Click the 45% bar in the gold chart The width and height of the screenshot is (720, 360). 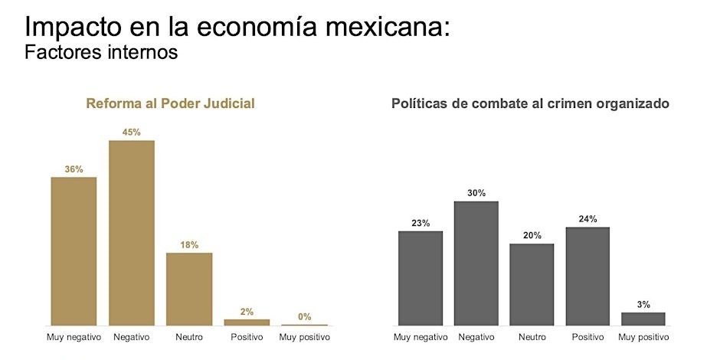tap(131, 233)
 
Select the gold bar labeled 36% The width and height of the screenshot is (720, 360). tap(74, 251)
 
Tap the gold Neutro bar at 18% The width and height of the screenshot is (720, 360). tap(189, 289)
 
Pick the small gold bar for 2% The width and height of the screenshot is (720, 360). tap(247, 322)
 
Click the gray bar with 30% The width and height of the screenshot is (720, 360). tap(476, 263)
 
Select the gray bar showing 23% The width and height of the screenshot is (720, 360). tap(421, 278)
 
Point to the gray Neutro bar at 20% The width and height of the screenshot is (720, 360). tap(532, 284)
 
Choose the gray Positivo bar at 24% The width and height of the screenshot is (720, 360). tap(587, 276)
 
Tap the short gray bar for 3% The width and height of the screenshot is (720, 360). tap(643, 319)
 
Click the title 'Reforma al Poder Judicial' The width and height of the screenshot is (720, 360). tap(170, 103)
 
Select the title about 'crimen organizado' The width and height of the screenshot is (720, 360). tap(531, 103)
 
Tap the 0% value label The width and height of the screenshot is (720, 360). tap(304, 316)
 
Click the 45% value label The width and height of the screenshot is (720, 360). tap(131, 132)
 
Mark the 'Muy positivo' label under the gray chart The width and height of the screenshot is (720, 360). tap(643, 337)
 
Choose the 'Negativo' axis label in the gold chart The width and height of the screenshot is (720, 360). tap(131, 337)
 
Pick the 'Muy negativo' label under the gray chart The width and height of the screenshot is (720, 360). tap(421, 337)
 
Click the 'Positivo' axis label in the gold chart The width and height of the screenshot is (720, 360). tap(247, 337)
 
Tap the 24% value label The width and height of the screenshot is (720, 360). tap(587, 219)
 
